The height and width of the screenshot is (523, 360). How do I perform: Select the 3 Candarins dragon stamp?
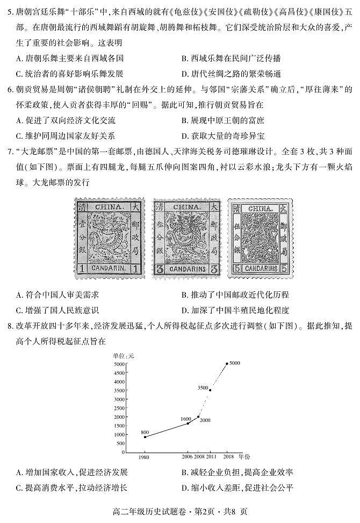tap(186, 238)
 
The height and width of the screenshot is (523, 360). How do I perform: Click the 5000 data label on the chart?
tap(234, 364)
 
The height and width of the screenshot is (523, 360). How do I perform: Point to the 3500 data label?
tap(203, 388)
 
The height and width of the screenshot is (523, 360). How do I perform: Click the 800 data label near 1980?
tap(145, 432)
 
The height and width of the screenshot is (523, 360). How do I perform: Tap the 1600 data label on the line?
tap(186, 419)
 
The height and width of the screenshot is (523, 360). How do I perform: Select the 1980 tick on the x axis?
tap(144, 456)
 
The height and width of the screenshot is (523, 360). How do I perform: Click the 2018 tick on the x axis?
tap(228, 456)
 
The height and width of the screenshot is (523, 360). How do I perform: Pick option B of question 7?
tap(235, 295)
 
